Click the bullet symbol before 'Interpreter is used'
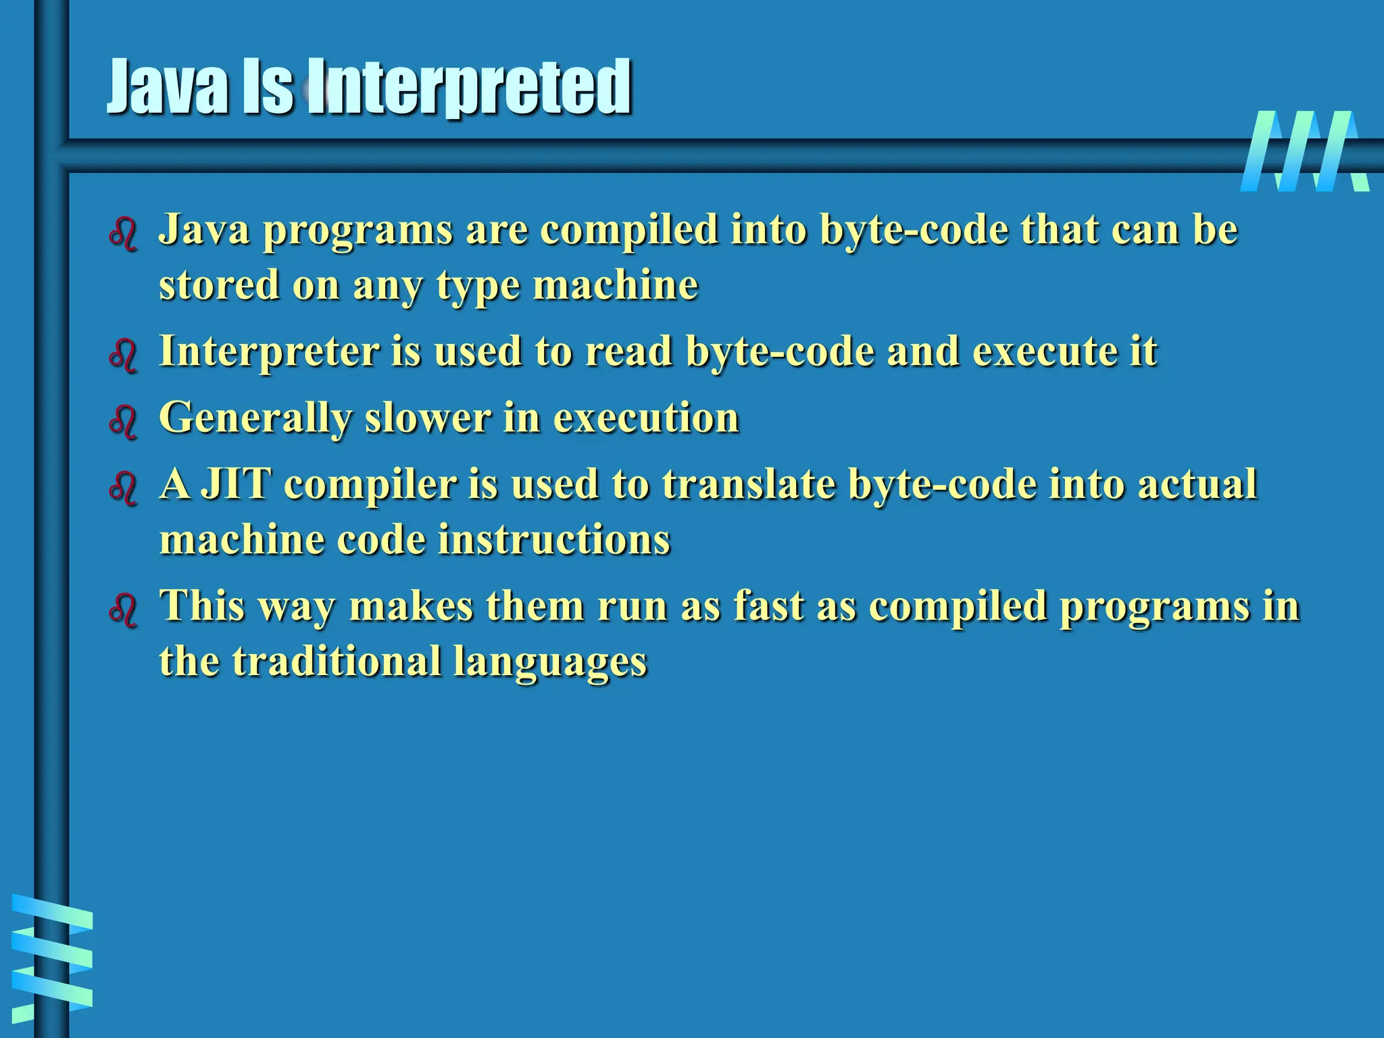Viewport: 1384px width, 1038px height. (x=123, y=356)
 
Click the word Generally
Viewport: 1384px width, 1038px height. (x=255, y=419)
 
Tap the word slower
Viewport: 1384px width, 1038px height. (x=428, y=418)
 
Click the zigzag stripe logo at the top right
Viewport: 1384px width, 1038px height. (x=1304, y=151)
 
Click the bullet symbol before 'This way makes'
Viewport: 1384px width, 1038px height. (x=123, y=611)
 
